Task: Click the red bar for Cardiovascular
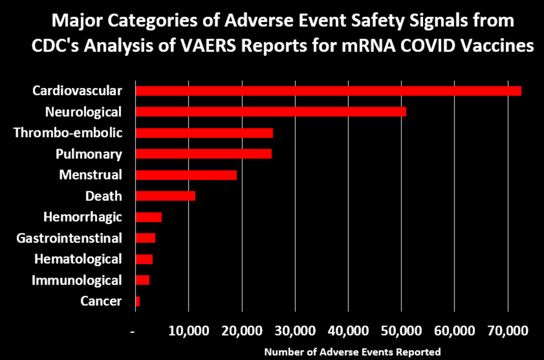328,91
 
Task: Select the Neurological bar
271,112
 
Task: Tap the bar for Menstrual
186,175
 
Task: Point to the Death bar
165,196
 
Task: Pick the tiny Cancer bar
138,301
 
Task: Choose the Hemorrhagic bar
149,217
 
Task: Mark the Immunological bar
142,280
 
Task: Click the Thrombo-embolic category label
68,133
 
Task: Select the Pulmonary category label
89,154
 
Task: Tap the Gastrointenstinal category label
69,238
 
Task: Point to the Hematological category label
78,259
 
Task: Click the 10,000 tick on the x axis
189,331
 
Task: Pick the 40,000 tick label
348,331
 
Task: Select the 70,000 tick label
508,331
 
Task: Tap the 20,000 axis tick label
242,331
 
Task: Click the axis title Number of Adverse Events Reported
352,352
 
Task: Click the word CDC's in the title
55,46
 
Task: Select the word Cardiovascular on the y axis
77,91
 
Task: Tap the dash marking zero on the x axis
133,332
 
